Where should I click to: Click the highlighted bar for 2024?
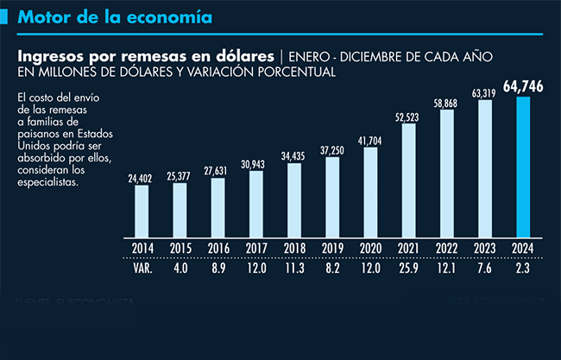[523, 166]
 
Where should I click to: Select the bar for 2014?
[142, 210]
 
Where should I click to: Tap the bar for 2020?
[370, 191]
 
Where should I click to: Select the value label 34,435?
[294, 155]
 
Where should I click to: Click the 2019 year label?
[332, 249]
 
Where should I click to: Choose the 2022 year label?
[446, 249]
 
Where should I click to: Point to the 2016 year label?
[217, 249]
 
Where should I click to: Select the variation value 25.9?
[408, 268]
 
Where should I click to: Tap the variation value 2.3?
[523, 268]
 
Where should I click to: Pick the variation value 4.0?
[180, 268]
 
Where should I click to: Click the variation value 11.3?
[294, 268]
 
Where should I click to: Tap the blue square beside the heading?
[7, 16]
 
